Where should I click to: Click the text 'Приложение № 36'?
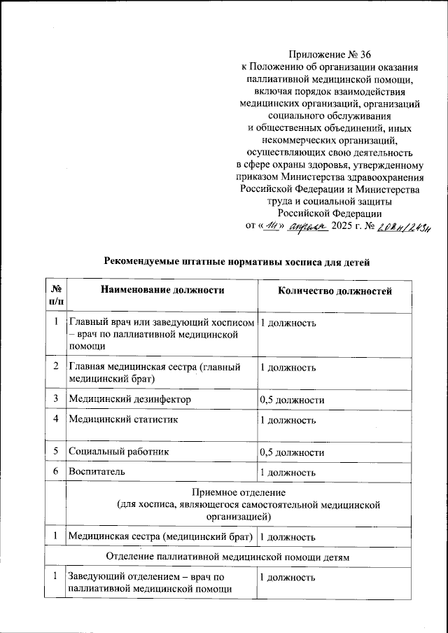[x=329, y=55]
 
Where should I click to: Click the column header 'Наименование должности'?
[x=162, y=291]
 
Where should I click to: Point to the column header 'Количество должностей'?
[x=335, y=291]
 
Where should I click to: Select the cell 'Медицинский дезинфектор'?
[x=129, y=398]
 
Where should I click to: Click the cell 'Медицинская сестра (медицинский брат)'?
[x=160, y=537]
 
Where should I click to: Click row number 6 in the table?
[x=55, y=472]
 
